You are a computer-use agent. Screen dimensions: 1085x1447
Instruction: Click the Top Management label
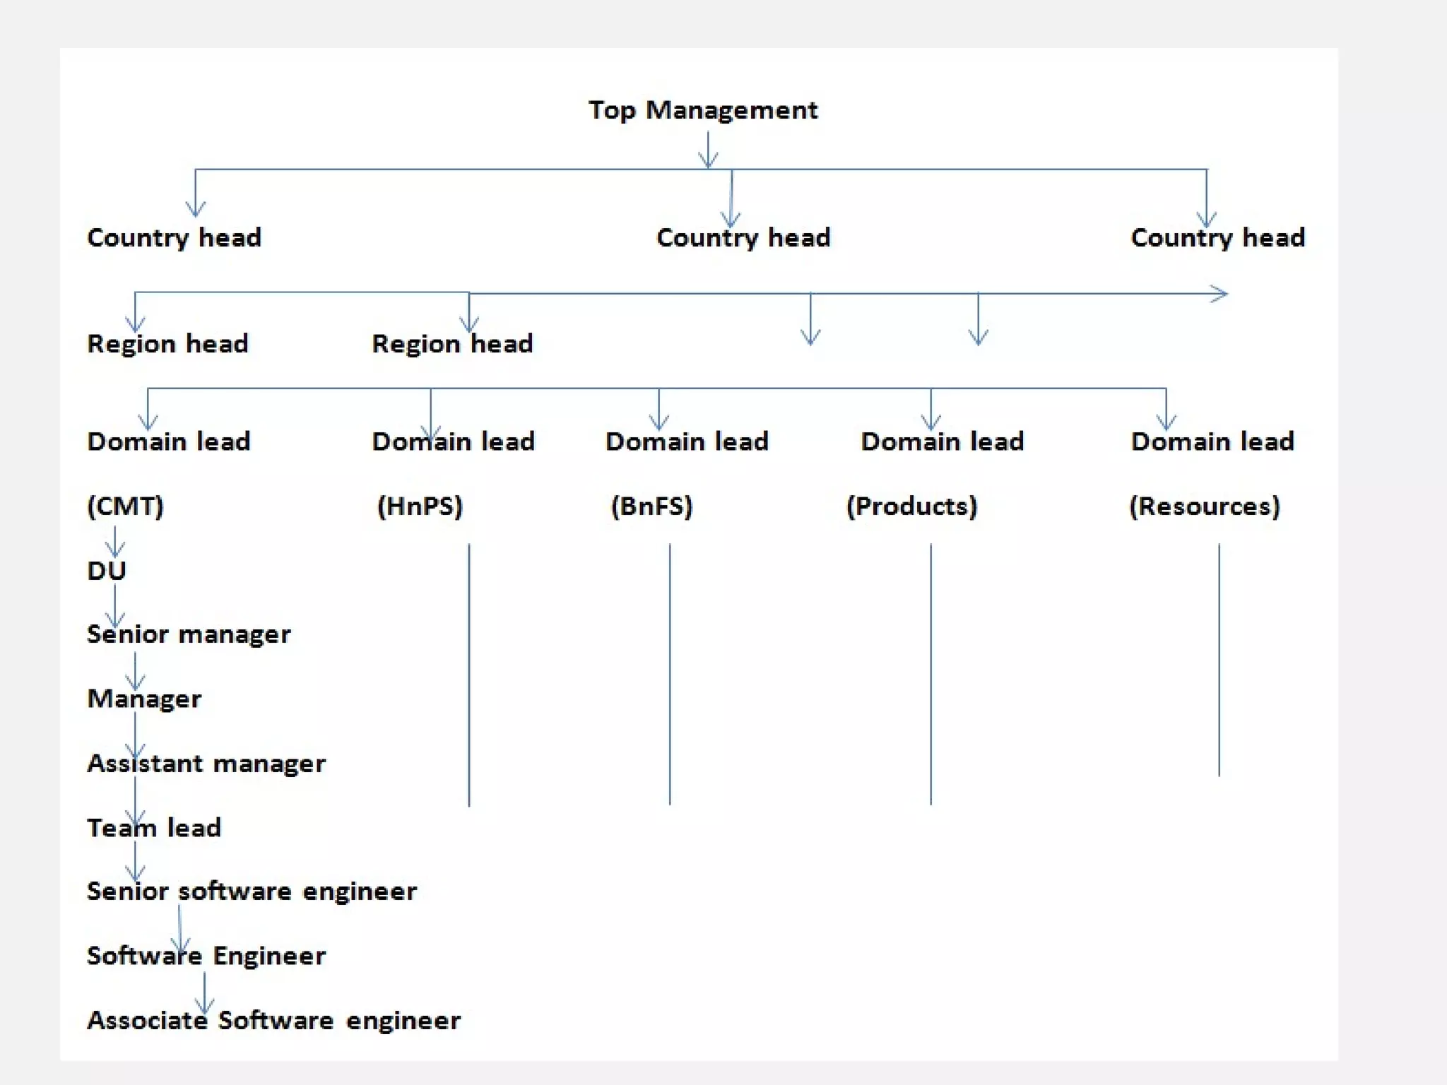(x=703, y=110)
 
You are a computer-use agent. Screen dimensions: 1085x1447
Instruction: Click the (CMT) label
(x=125, y=506)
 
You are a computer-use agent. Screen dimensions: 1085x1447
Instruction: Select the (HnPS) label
(x=420, y=506)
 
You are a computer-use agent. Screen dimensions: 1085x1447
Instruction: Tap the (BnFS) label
(x=651, y=506)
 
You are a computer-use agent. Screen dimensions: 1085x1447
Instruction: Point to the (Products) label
(x=911, y=506)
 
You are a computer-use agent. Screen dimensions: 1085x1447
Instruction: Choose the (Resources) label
(x=1205, y=506)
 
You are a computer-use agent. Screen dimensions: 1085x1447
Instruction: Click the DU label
(x=106, y=570)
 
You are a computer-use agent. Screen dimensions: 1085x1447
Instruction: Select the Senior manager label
(x=189, y=634)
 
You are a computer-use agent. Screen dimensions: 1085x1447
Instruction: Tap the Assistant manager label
(x=206, y=763)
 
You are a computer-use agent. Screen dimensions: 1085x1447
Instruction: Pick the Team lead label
(x=154, y=827)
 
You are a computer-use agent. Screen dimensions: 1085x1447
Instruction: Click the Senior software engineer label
(x=252, y=891)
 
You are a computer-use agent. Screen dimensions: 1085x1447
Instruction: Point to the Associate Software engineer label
(x=273, y=1020)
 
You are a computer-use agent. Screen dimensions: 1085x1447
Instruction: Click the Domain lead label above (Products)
(x=942, y=441)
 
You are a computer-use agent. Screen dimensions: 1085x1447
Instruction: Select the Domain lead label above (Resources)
(x=1212, y=441)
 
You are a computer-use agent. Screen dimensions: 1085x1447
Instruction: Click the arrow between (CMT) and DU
(x=115, y=542)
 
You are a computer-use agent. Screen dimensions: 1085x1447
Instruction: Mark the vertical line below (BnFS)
(x=670, y=675)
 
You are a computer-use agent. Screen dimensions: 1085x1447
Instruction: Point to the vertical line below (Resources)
(x=1219, y=660)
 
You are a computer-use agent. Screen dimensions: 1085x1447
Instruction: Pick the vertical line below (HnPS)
(x=469, y=675)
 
